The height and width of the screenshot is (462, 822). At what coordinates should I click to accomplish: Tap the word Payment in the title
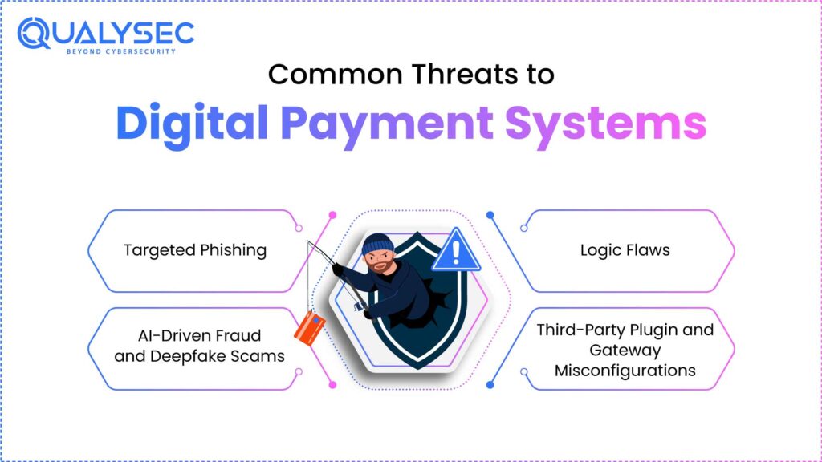point(387,123)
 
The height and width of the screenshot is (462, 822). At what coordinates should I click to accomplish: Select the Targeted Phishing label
point(195,250)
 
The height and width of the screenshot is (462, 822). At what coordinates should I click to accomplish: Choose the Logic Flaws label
point(625,250)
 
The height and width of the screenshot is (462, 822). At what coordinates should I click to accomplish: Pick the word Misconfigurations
point(625,371)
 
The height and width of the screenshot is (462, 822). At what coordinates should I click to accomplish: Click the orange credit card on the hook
point(309,327)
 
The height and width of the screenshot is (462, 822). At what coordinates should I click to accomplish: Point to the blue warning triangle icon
point(455,252)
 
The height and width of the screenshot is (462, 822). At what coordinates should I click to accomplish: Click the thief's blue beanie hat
point(377,244)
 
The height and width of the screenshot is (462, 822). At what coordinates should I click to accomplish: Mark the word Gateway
point(625,351)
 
